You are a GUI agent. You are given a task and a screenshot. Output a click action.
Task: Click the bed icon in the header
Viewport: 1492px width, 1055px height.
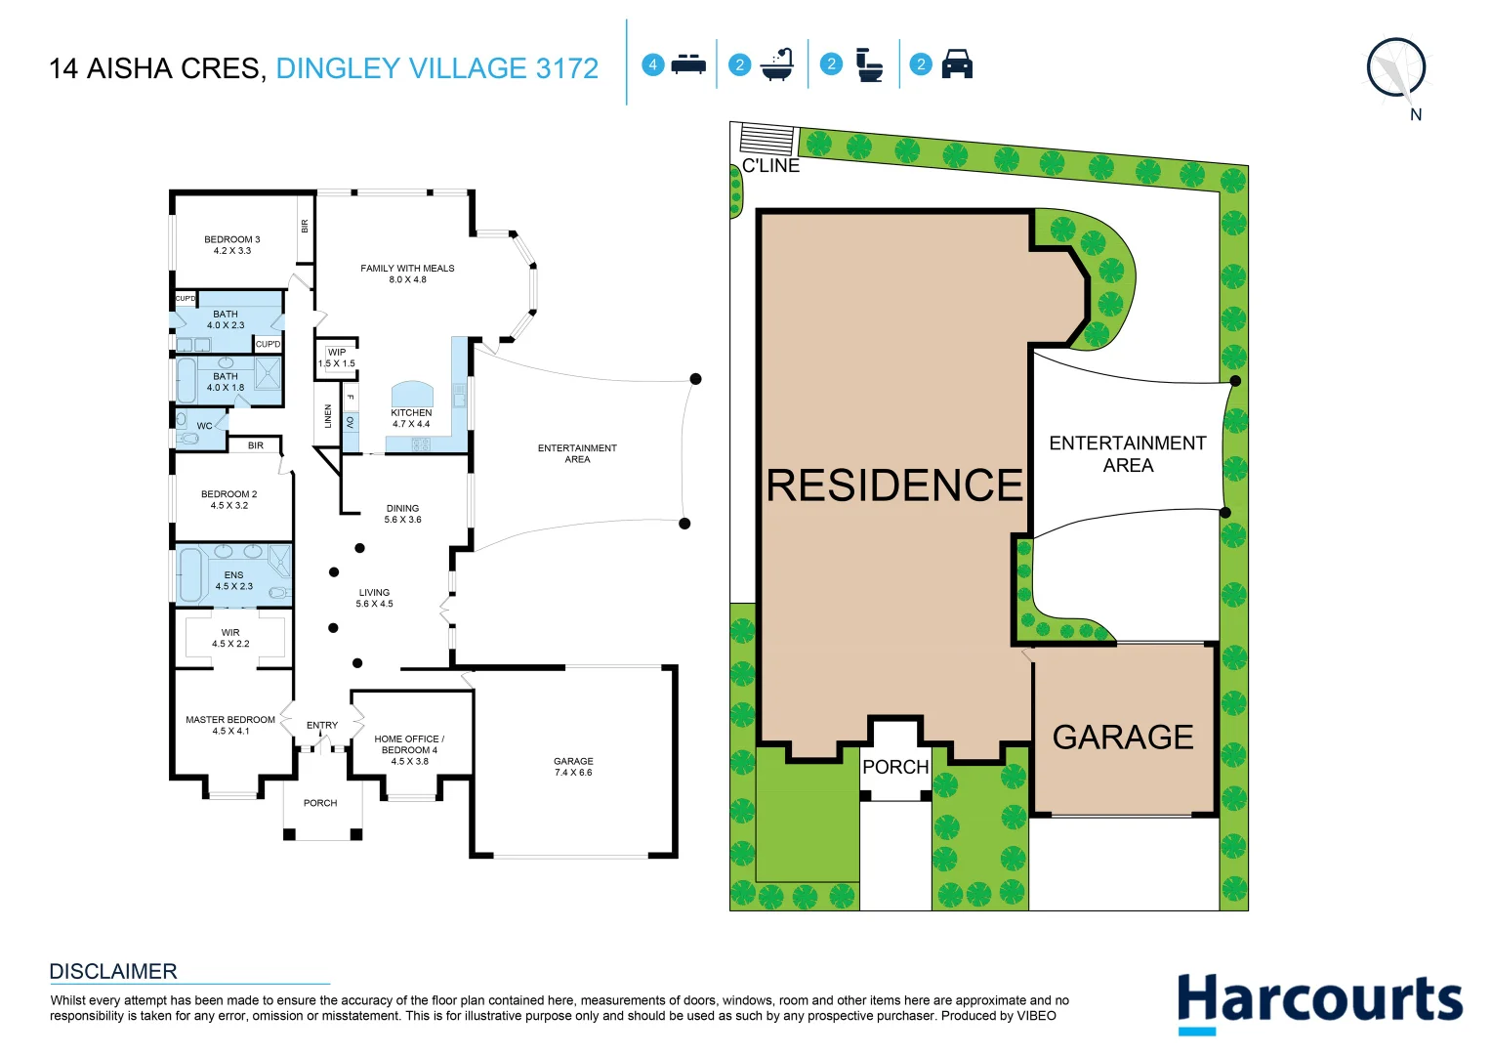point(688,64)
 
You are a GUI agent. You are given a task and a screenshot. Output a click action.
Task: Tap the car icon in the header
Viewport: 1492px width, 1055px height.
point(956,64)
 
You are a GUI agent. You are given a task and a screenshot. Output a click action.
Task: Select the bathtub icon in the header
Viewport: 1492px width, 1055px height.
point(777,64)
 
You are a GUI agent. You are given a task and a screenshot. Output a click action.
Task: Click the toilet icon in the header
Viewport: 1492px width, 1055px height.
point(868,64)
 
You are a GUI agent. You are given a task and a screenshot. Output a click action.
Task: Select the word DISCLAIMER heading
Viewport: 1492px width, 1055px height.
point(113,971)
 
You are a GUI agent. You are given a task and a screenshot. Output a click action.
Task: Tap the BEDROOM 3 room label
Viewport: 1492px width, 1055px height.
point(232,245)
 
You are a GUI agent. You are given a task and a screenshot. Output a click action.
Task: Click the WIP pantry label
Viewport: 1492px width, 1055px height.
point(337,358)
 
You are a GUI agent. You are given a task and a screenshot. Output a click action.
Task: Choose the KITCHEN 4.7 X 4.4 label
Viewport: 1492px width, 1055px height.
point(411,418)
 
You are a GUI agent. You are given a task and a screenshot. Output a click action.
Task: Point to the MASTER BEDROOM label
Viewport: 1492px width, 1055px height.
point(230,725)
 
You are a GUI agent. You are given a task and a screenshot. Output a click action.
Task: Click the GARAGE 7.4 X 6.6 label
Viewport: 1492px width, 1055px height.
point(573,767)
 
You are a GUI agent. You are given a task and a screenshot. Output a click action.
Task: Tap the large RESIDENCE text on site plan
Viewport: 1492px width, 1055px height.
point(894,485)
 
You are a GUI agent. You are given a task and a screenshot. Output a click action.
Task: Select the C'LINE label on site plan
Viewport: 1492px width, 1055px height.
point(770,166)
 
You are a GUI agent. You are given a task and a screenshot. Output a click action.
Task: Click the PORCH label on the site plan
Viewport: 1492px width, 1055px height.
point(895,767)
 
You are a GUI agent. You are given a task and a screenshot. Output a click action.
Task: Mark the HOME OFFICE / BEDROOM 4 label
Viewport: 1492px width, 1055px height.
point(409,749)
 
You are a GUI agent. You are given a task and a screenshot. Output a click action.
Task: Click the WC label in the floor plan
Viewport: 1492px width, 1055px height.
point(204,426)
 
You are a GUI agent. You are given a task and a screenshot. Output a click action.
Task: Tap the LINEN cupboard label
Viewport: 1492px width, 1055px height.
point(328,416)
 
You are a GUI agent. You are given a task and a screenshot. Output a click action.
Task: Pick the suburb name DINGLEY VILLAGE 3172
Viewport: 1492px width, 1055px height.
point(436,68)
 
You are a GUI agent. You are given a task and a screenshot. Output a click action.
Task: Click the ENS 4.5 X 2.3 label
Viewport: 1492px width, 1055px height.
point(234,580)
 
